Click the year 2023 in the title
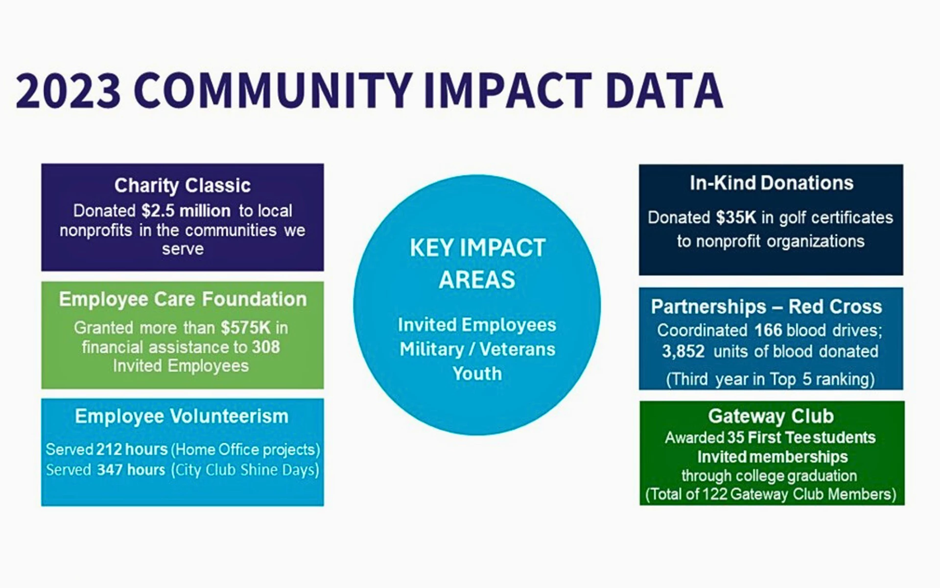pyautogui.click(x=69, y=91)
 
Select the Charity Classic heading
pyautogui.click(x=183, y=186)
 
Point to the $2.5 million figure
pyautogui.click(x=186, y=211)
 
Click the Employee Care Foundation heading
pyautogui.click(x=183, y=299)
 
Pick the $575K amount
pyautogui.click(x=245, y=328)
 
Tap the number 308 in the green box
pyautogui.click(x=266, y=347)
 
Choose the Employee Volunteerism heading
pyautogui.click(x=182, y=416)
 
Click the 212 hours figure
pyautogui.click(x=132, y=449)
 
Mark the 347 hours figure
pyautogui.click(x=131, y=470)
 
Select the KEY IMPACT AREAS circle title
pyautogui.click(x=477, y=264)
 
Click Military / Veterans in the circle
pyautogui.click(x=477, y=349)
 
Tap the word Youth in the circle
pyautogui.click(x=477, y=374)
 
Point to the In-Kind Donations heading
pyautogui.click(x=772, y=183)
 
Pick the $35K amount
pyautogui.click(x=736, y=218)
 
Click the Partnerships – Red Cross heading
pyautogui.click(x=766, y=307)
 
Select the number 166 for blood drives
pyautogui.click(x=768, y=330)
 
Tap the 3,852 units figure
pyautogui.click(x=683, y=352)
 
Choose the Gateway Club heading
pyautogui.click(x=771, y=416)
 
